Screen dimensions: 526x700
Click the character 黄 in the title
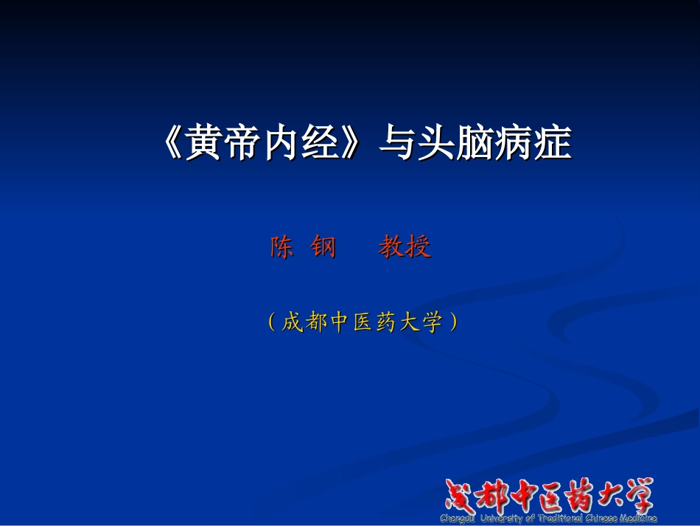coord(204,143)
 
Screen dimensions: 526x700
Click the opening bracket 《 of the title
coord(172,143)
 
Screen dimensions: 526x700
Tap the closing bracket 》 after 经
coord(353,143)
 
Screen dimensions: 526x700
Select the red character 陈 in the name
coord(281,247)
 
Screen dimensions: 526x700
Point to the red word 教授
coord(405,247)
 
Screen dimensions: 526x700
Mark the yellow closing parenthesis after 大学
coord(454,322)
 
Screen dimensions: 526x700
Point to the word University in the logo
coord(502,519)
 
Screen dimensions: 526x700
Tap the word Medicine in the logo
coord(634,519)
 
